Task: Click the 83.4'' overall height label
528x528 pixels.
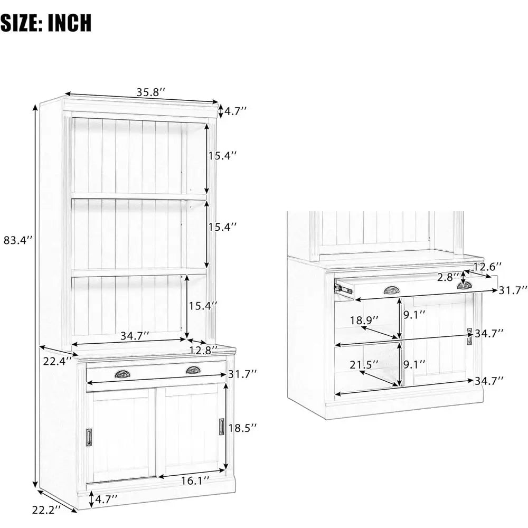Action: pyautogui.click(x=18, y=240)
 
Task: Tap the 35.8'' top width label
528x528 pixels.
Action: pyautogui.click(x=150, y=92)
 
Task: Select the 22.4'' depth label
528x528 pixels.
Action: pyautogui.click(x=57, y=361)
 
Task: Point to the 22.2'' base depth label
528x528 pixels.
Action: pyautogui.click(x=46, y=510)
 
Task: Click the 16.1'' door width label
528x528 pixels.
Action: pyautogui.click(x=195, y=480)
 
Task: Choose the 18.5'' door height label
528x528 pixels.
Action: pyautogui.click(x=242, y=428)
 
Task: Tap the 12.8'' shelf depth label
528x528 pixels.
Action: pyautogui.click(x=203, y=351)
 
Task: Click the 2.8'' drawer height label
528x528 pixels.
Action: pyautogui.click(x=448, y=278)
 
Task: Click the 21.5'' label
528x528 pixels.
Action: pyautogui.click(x=364, y=364)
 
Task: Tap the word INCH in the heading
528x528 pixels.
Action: pyautogui.click(x=69, y=23)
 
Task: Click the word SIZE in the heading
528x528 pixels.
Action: pyautogui.click(x=21, y=23)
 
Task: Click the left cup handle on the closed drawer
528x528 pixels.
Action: pyautogui.click(x=122, y=374)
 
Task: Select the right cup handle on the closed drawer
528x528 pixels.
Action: pyautogui.click(x=193, y=370)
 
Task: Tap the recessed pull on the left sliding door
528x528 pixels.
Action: pyautogui.click(x=89, y=437)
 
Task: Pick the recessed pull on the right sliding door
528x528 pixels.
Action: pyautogui.click(x=222, y=426)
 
